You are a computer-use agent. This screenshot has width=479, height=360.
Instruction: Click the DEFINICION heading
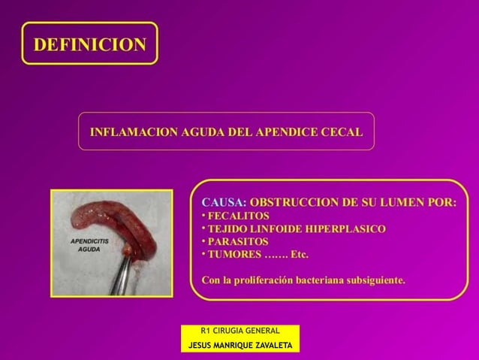[89, 44]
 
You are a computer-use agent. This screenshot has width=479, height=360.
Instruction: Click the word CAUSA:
[222, 202]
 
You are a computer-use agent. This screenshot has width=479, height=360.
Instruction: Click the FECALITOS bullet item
[238, 216]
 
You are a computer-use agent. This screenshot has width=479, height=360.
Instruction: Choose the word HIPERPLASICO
[351, 228]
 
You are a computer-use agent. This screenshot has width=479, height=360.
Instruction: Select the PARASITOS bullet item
[237, 241]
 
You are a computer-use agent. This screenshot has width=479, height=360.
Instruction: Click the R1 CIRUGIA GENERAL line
[240, 331]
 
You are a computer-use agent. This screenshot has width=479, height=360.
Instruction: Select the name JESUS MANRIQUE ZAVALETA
[240, 345]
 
